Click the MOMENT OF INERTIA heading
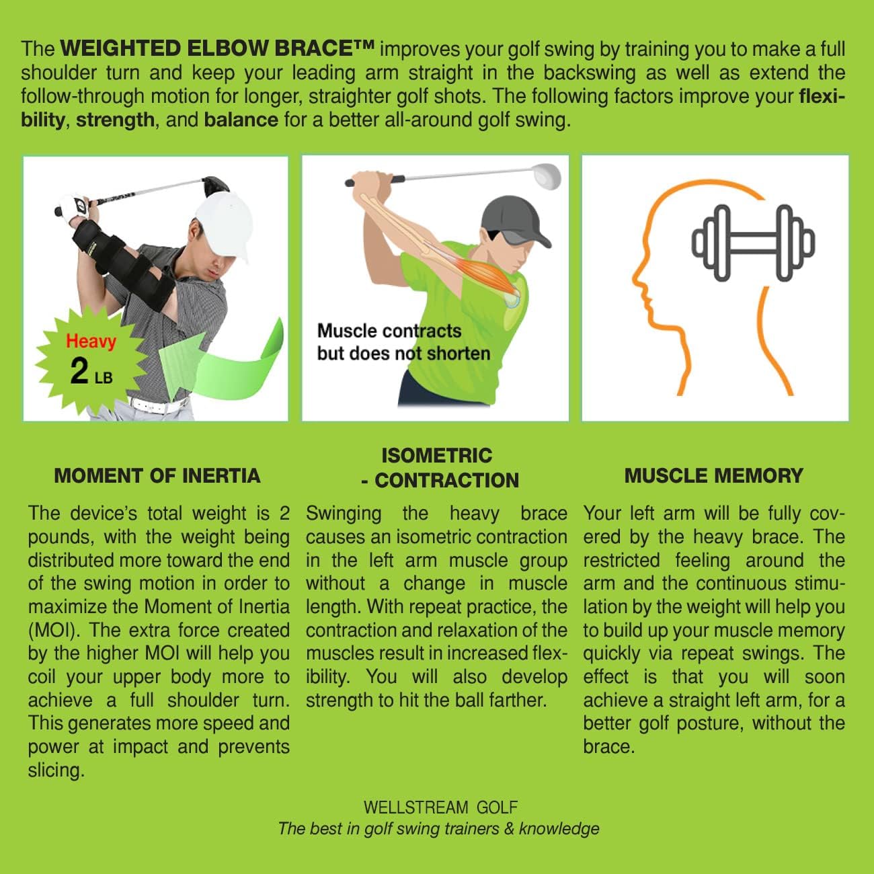point(157,476)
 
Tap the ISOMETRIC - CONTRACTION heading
point(437,468)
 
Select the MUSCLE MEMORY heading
point(713,476)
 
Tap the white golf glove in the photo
point(72,204)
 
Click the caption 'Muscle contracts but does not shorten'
point(403,342)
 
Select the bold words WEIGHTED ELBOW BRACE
point(216,49)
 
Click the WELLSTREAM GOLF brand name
point(440,807)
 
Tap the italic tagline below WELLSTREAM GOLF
point(438,828)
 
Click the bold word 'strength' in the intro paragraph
point(115,120)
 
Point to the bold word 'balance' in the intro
point(241,120)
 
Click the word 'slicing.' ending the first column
point(56,770)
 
